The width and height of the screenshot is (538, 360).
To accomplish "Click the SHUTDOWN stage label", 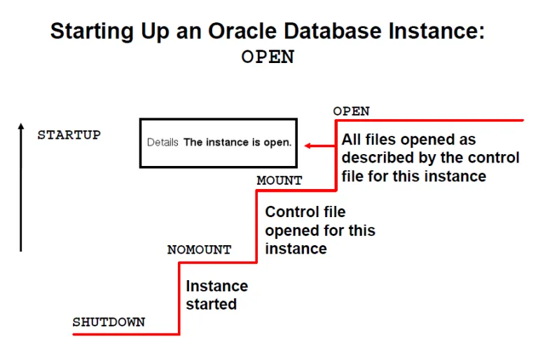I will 109,322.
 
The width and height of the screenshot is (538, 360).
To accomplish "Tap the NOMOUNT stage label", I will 199,249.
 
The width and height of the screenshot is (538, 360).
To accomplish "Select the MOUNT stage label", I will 280,181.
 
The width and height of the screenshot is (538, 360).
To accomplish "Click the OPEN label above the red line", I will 351,111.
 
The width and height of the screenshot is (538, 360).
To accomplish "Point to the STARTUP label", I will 69,134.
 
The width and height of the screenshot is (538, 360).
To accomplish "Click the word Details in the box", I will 163,143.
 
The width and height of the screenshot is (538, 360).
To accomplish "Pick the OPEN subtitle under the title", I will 268,57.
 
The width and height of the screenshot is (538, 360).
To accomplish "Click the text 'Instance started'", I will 216,295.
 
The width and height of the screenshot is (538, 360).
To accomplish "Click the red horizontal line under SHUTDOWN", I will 126,334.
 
